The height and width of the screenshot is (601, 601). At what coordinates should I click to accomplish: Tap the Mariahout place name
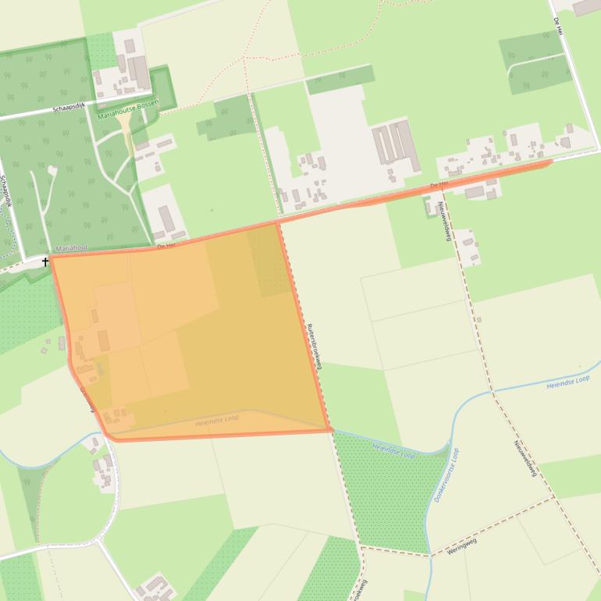72,247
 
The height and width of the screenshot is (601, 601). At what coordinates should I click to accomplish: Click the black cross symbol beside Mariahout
46,261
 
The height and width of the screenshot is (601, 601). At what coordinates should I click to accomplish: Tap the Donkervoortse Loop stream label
446,475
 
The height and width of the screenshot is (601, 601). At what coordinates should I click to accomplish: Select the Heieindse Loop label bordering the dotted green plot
393,450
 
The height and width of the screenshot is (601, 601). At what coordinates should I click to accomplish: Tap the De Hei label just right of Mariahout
165,245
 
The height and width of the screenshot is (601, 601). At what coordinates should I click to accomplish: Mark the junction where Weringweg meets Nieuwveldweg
554,497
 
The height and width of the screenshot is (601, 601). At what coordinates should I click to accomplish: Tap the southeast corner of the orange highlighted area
331,429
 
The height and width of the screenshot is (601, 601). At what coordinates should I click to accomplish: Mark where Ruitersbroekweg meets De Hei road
278,223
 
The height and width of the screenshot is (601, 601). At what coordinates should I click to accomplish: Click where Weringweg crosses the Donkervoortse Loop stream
430,556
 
